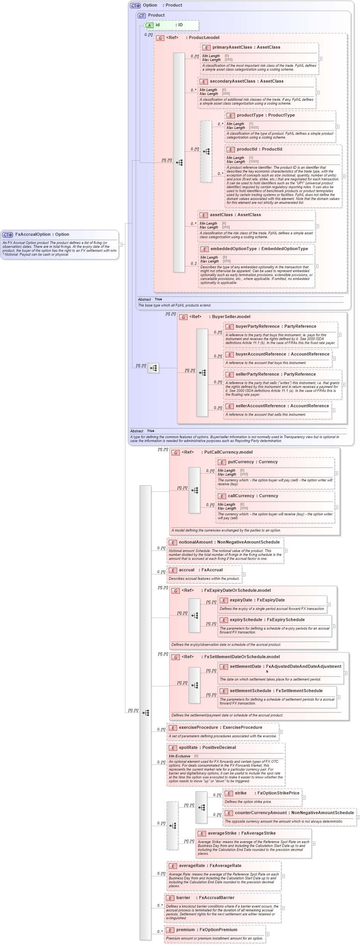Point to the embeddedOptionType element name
pyautogui.click(x=233, y=249)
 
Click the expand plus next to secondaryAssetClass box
pyautogui.click(x=318, y=93)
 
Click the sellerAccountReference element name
pyautogui.click(x=260, y=406)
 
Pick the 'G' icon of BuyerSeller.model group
pyautogui.click(x=183, y=317)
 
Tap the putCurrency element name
pyautogui.click(x=241, y=462)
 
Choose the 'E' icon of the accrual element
pyautogui.click(x=173, y=570)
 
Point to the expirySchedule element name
pyautogui.click(x=246, y=620)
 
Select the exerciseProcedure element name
pyautogui.click(x=198, y=727)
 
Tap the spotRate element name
pyautogui.click(x=188, y=747)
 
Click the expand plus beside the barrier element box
pyautogui.click(x=283, y=908)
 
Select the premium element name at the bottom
pyautogui.click(x=186, y=930)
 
